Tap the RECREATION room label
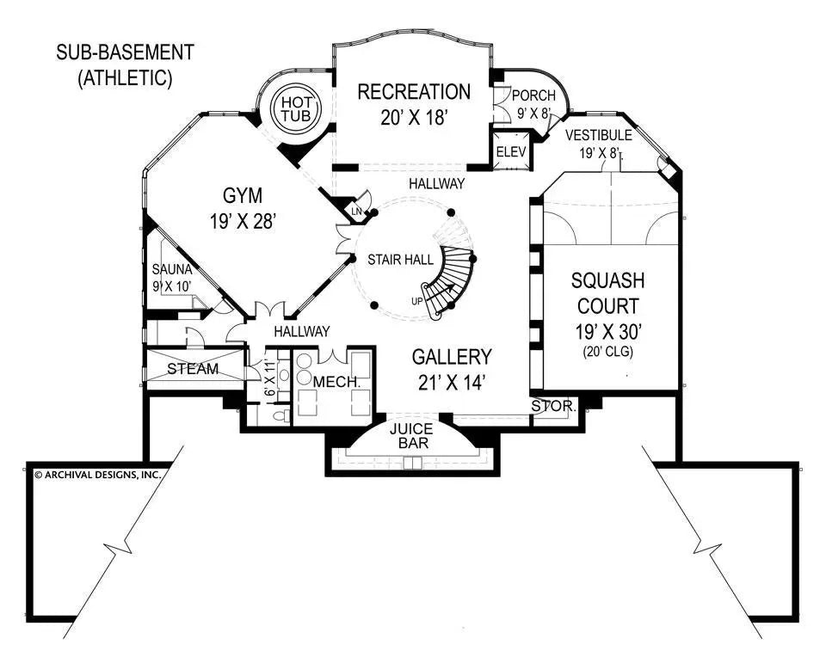414,92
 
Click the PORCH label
533,96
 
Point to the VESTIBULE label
599,136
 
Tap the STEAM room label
193,369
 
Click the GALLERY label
451,357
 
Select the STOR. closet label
552,405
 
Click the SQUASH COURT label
608,293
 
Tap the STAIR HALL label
395,259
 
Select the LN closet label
355,212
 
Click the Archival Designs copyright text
96,473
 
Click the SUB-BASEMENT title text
126,52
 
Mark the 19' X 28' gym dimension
242,222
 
